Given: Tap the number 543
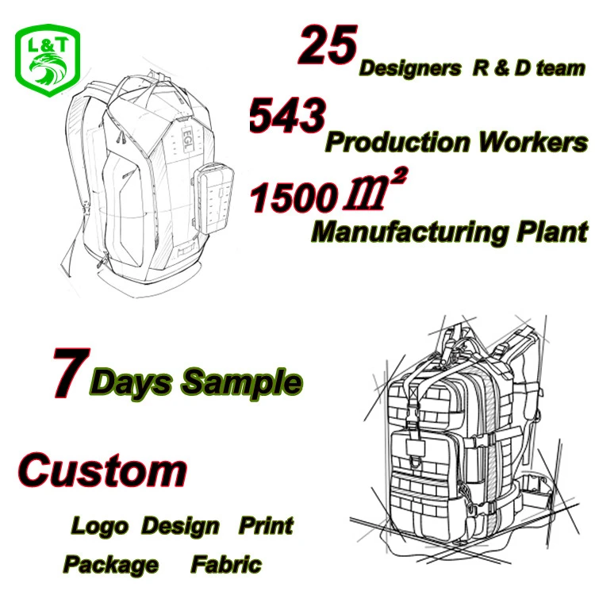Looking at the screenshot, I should point(287,117).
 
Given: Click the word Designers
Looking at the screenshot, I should point(410,68).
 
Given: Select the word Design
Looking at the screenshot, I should point(181,525).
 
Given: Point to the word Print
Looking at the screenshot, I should point(266,525).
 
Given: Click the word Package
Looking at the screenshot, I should point(111,564).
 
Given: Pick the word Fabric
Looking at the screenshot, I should point(225,564).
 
